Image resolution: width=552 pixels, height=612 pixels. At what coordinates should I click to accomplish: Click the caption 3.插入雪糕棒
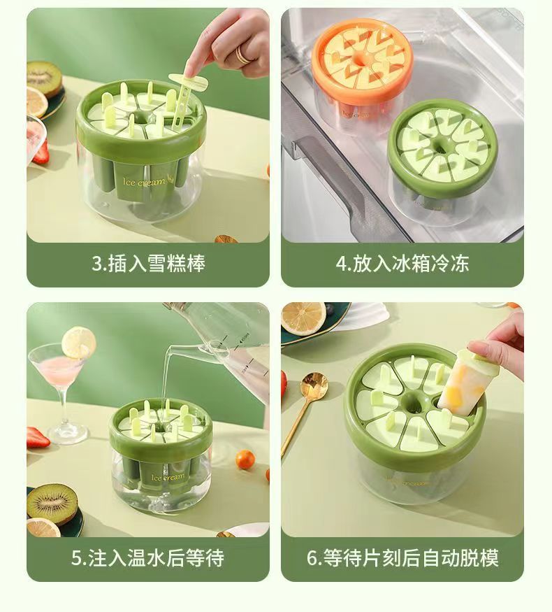[x=148, y=264]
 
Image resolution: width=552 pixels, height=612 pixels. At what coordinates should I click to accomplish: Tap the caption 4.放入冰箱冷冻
[x=402, y=264]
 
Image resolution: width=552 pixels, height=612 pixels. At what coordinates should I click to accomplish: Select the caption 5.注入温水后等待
[x=147, y=557]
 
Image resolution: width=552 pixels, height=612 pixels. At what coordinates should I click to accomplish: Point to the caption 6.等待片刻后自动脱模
[x=402, y=557]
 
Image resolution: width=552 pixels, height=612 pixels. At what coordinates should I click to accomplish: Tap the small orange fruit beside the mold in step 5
[x=245, y=460]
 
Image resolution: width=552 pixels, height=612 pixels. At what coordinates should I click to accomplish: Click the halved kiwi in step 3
[x=44, y=79]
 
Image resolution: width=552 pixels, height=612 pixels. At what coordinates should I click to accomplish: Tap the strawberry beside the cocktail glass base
[x=38, y=438]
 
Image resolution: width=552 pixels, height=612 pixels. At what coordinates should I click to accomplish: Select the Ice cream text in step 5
[x=168, y=477]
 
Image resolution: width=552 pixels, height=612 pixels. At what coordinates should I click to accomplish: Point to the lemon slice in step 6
[x=303, y=318]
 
